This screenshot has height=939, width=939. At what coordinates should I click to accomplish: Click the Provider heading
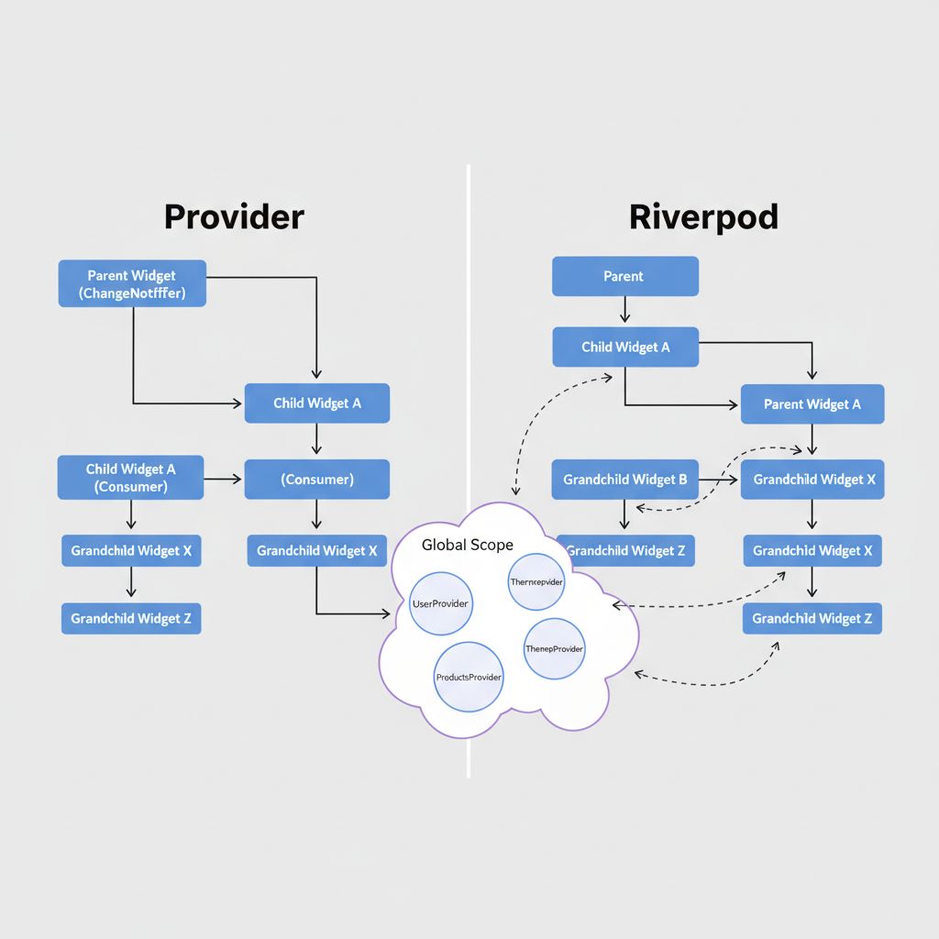click(234, 216)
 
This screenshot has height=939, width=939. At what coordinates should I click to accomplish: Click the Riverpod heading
click(703, 217)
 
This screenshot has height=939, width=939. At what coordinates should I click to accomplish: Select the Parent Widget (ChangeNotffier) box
click(132, 283)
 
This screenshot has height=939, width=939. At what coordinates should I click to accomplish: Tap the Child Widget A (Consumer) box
click(130, 478)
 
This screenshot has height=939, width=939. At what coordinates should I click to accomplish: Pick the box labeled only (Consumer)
click(316, 479)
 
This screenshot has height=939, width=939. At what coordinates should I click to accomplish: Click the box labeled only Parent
click(624, 276)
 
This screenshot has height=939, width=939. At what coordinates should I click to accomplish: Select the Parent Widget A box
click(812, 404)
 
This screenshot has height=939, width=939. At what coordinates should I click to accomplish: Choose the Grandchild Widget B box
click(624, 480)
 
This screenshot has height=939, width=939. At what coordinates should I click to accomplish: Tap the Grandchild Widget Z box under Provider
click(130, 618)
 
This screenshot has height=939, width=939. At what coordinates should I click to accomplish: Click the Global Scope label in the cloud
click(467, 545)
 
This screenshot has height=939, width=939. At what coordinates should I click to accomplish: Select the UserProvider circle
click(441, 603)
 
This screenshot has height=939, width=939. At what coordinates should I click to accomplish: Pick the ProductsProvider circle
click(468, 677)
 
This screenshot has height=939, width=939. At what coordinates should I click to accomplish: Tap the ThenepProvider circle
click(554, 648)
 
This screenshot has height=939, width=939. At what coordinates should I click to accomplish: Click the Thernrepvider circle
click(536, 581)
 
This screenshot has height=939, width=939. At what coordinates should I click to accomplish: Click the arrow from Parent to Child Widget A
click(624, 311)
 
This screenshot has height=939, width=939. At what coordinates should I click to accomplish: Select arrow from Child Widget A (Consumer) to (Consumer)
click(224, 479)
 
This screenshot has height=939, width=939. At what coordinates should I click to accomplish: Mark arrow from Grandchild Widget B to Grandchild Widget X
click(720, 479)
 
